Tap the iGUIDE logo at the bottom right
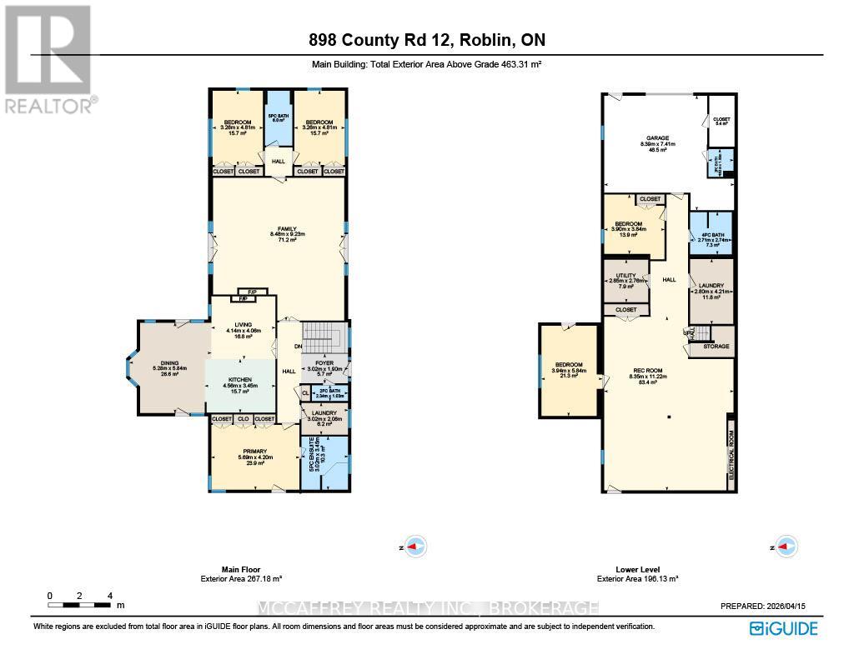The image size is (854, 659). click(784, 628)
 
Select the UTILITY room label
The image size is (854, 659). click(625, 276)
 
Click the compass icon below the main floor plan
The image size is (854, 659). click(414, 546)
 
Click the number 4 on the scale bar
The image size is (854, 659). click(110, 596)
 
